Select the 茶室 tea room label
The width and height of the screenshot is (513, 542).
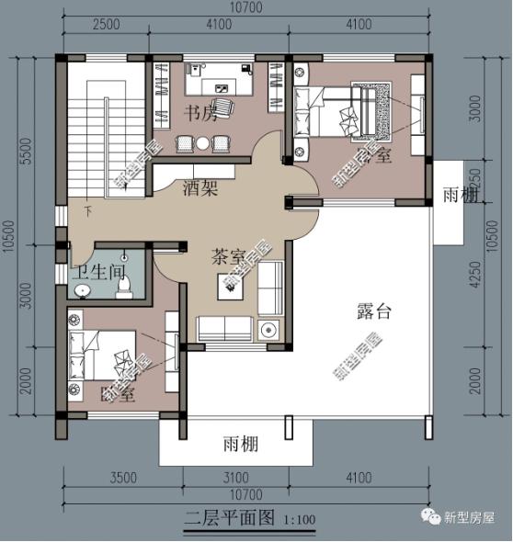[x=228, y=256]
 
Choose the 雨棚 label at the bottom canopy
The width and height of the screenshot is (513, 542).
[x=240, y=445]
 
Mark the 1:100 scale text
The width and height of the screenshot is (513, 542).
[x=298, y=520]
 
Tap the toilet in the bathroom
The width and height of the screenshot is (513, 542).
[x=123, y=286]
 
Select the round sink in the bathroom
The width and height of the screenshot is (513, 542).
[x=82, y=291]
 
